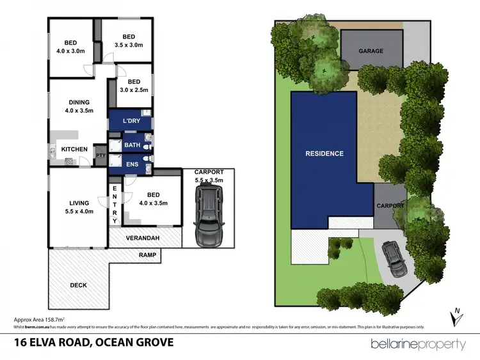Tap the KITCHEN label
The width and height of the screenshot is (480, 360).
[74, 150]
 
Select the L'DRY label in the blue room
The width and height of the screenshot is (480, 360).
[131, 121]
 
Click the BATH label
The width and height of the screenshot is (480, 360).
[132, 146]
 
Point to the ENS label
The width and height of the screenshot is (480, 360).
[131, 164]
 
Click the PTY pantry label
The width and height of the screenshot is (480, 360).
[100, 155]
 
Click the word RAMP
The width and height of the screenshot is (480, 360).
[148, 255]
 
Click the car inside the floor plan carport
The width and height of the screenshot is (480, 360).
[208, 220]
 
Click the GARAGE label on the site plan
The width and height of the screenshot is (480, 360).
[371, 51]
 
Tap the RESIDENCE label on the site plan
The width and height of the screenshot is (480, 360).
[324, 153]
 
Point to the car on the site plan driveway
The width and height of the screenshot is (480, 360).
[392, 259]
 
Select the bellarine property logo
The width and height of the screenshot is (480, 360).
[418, 345]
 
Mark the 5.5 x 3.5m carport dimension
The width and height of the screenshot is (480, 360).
[208, 181]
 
